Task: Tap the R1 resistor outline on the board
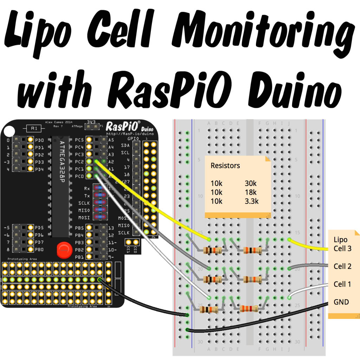[34, 128]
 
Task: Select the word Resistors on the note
[225, 166]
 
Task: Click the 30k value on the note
[251, 184]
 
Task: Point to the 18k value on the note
[251, 192]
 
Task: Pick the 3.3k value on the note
[252, 201]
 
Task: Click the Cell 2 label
[342, 266]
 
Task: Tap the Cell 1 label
[342, 284]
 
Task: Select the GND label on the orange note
[341, 302]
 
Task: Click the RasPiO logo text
[123, 126]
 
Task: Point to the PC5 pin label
[79, 140]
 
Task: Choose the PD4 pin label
[39, 169]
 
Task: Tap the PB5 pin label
[79, 227]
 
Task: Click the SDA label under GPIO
[125, 146]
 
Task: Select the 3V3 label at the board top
[91, 122]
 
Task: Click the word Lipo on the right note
[340, 240]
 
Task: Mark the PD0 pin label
[39, 140]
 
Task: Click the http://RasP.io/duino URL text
[126, 134]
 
